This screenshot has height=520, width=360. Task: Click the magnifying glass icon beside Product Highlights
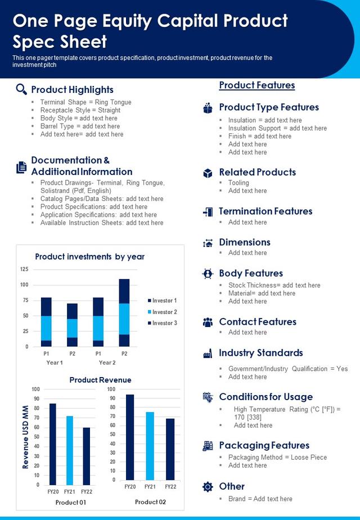[21, 89]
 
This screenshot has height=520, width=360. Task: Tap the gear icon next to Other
[208, 486]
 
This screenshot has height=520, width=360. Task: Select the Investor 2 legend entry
[163, 312]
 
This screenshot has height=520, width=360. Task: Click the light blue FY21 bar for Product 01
[70, 450]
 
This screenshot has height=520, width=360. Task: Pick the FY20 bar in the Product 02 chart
[130, 437]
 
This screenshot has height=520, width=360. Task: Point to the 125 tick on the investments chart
[24, 269]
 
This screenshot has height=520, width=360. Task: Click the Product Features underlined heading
[257, 85]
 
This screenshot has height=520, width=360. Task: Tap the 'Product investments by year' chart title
[90, 257]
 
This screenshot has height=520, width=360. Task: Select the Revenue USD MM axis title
[25, 437]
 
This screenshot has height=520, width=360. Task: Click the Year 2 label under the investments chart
[107, 362]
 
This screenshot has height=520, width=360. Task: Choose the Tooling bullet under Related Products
[238, 183]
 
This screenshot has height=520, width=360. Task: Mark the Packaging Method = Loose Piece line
[277, 458]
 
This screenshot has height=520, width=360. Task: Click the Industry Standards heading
[261, 353]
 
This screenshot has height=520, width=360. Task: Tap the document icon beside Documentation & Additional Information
[21, 167]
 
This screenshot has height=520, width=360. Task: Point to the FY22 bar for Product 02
[170, 449]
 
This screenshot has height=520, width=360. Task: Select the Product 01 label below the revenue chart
[71, 503]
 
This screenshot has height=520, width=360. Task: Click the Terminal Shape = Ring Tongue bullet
[86, 102]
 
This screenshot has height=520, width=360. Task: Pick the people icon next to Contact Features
[208, 322]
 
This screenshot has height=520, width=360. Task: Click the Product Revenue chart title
[101, 380]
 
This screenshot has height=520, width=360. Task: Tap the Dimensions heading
[245, 242]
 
